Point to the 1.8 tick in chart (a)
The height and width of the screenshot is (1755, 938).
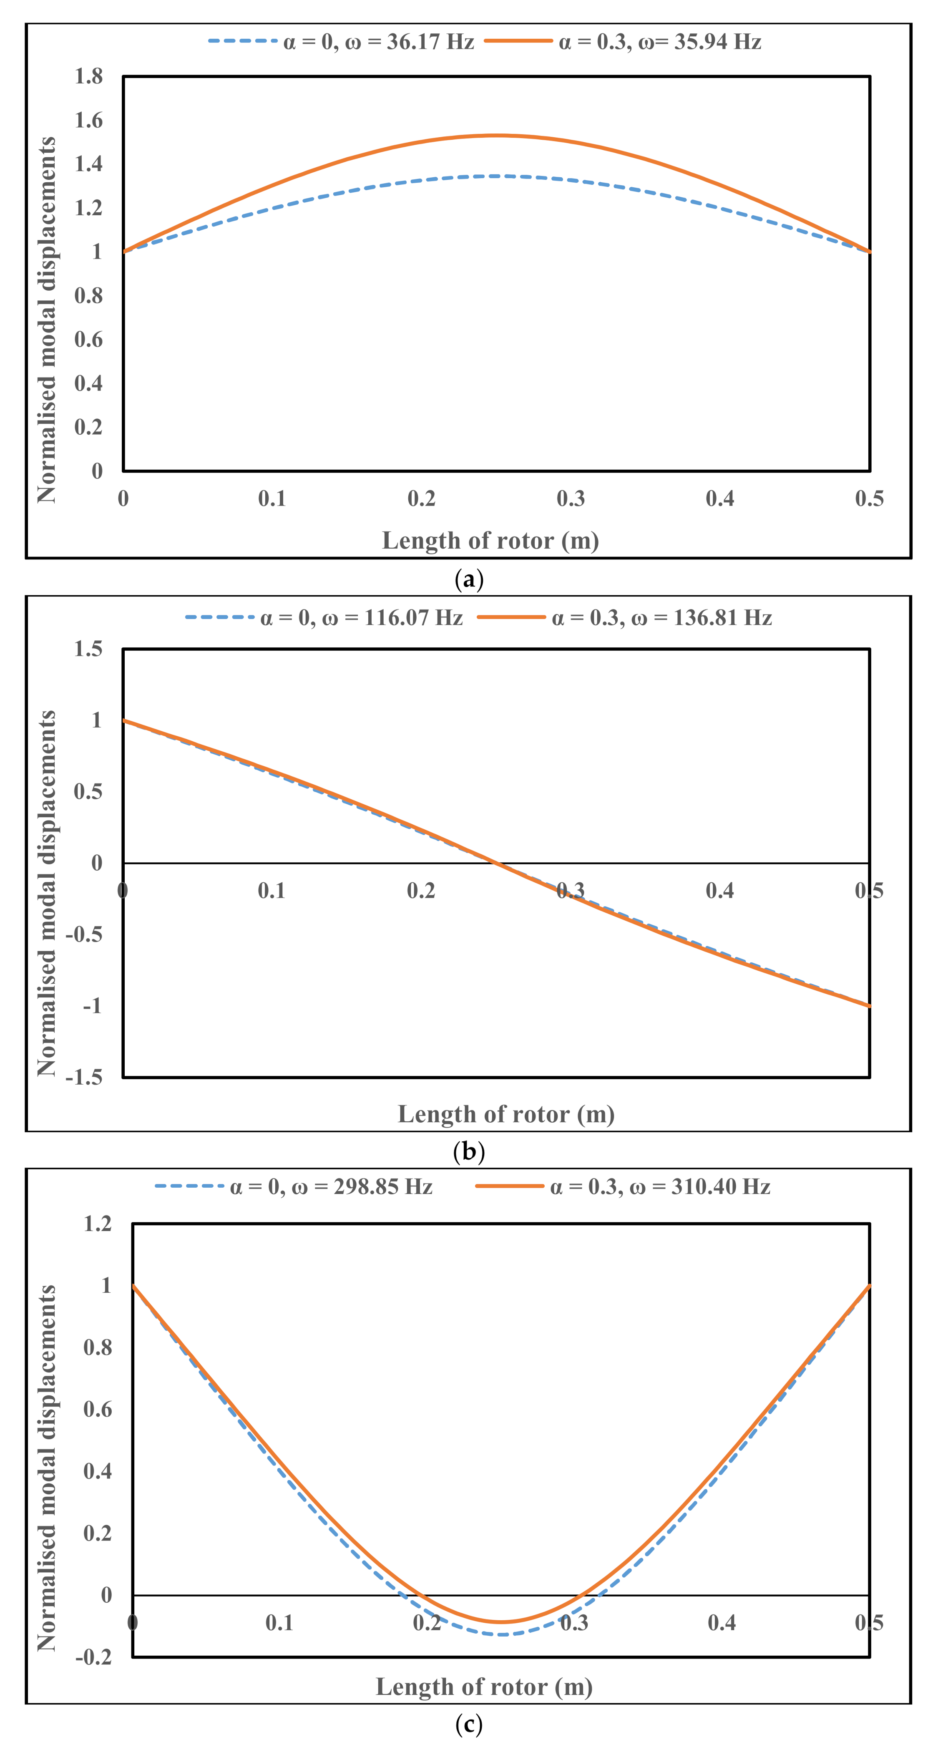click(x=88, y=76)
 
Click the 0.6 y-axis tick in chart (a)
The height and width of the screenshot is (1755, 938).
click(x=88, y=339)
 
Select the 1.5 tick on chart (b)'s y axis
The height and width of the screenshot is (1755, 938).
click(x=88, y=649)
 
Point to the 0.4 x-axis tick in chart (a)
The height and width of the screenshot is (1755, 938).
click(x=720, y=499)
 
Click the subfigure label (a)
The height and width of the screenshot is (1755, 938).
click(x=469, y=580)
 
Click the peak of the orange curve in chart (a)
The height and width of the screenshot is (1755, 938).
click(x=497, y=136)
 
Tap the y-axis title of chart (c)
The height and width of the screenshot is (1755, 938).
click(x=46, y=1468)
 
